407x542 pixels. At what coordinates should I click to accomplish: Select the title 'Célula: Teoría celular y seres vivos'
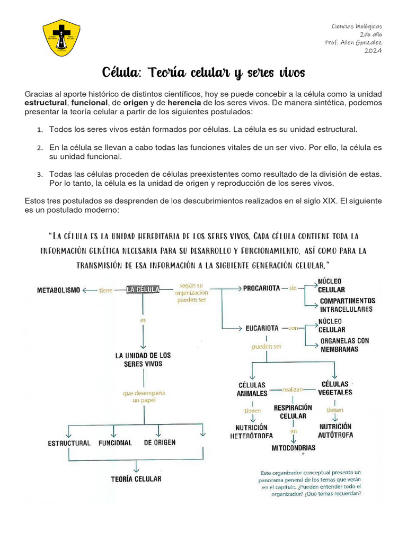point(203,72)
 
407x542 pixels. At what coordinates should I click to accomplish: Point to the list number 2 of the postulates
point(39,148)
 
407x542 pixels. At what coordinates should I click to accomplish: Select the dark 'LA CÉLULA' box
point(143,290)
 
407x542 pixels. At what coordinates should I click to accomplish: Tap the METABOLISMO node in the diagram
point(58,290)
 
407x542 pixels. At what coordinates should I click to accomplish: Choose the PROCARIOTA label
point(261,288)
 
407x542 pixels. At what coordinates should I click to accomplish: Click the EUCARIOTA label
point(262,328)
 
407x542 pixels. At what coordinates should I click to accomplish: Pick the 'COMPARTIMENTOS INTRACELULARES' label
point(347,305)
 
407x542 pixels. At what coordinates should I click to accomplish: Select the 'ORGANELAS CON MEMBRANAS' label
point(344,345)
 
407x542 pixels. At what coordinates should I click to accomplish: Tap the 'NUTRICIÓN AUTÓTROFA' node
point(336,430)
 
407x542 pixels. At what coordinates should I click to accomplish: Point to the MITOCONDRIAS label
point(293,448)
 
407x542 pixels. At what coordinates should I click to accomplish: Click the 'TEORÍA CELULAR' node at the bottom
point(136,479)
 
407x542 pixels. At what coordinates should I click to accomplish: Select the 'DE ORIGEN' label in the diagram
point(160,442)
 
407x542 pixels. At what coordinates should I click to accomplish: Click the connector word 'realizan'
point(293,390)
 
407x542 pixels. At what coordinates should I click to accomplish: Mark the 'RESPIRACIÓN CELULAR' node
point(293,412)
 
